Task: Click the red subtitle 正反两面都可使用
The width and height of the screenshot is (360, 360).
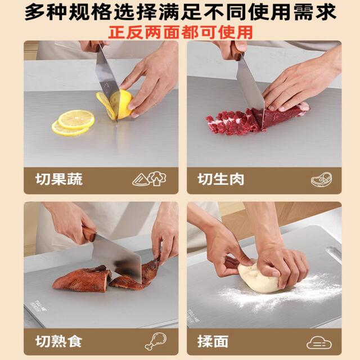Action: pos(181,33)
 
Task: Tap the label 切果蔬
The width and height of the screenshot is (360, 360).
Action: pos(59,179)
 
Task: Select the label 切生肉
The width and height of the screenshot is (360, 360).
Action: pos(220,179)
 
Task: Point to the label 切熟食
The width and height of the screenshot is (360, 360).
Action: pos(58,341)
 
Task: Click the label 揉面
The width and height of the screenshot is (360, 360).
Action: pos(213,341)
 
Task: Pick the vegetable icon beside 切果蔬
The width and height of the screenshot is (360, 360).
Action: pos(149,179)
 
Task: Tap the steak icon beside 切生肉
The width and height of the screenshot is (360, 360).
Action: pos(321,179)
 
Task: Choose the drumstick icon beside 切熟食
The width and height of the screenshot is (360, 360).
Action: pos(156,341)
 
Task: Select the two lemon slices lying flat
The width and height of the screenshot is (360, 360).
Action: pos(73,123)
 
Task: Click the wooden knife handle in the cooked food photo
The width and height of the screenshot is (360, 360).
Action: pos(89,234)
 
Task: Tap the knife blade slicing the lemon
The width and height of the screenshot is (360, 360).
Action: pos(107,78)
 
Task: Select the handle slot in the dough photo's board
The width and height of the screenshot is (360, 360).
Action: pos(334,252)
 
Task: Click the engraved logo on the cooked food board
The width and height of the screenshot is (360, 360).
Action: pos(39,305)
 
